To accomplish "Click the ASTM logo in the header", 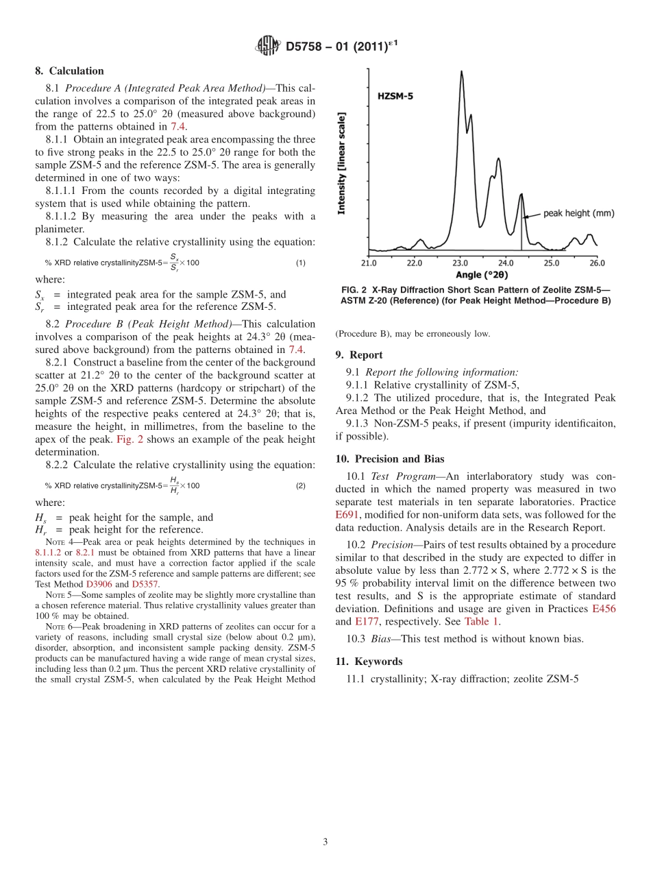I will point(267,46).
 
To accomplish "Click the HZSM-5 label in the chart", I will point(395,97).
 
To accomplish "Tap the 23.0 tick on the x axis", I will point(460,263).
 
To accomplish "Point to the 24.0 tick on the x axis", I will point(506,263).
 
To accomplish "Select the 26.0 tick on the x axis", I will point(597,263).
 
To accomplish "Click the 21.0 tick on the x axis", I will point(369,263).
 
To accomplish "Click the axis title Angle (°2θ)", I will point(482,275).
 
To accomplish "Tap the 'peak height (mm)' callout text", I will point(578,213).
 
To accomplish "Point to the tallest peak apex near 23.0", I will point(461,71).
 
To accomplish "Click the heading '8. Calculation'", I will point(69,71).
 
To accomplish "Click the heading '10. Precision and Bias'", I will point(390,459).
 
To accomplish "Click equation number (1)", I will point(300,263).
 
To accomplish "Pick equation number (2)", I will point(300,486).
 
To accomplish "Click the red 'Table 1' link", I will point(481,622).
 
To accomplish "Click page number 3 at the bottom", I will point(325,843).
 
